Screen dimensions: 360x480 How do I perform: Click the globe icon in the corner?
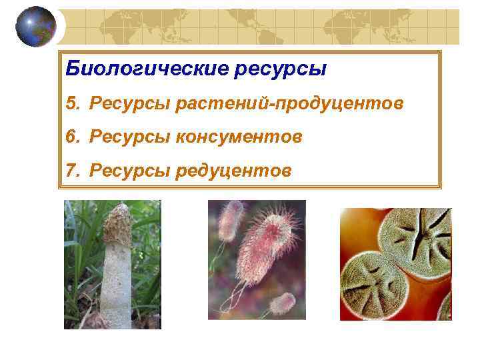point(35,26)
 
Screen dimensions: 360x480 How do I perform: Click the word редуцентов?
point(233,171)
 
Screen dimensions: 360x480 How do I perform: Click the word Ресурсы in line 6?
point(129,137)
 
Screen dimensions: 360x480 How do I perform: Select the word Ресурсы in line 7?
point(129,171)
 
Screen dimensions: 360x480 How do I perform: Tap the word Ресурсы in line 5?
point(129,104)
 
